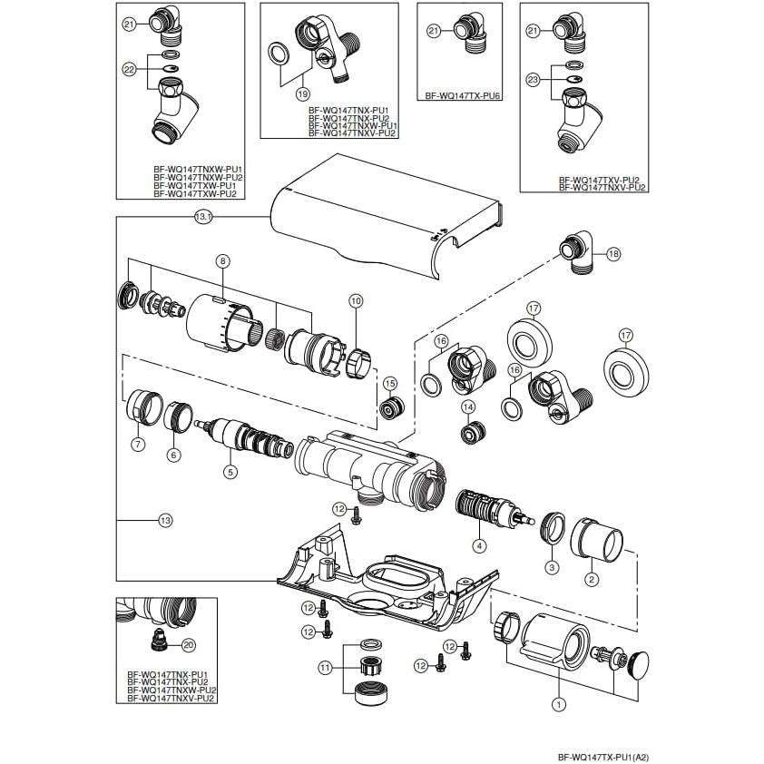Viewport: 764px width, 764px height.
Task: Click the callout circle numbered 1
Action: click(559, 702)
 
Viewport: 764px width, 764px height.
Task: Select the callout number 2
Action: click(591, 579)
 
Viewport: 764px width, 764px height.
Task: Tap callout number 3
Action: click(550, 566)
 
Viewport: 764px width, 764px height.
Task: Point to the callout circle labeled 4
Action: click(479, 545)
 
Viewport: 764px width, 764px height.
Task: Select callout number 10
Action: click(355, 299)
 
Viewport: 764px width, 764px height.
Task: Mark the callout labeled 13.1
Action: click(202, 217)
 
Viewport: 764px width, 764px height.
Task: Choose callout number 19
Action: click(302, 92)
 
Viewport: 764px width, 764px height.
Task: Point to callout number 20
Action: click(189, 645)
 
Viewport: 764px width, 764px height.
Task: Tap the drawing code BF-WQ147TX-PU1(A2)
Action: click(602, 756)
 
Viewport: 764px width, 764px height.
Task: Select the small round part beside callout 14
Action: click(471, 433)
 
